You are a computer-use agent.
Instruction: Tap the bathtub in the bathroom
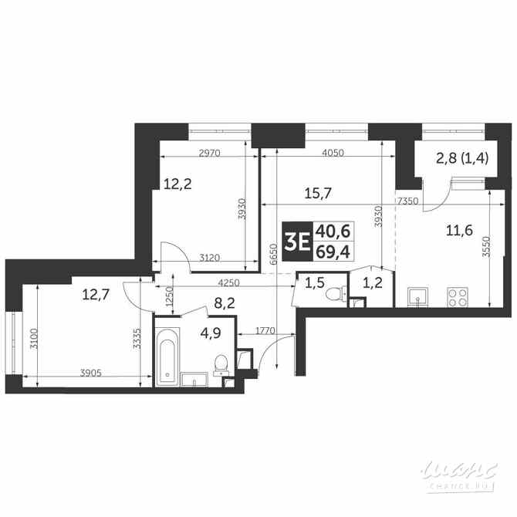pyautogui.click(x=167, y=354)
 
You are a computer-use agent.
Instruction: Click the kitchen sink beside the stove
pyautogui.click(x=417, y=296)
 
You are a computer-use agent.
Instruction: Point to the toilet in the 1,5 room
pyautogui.click(x=335, y=293)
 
